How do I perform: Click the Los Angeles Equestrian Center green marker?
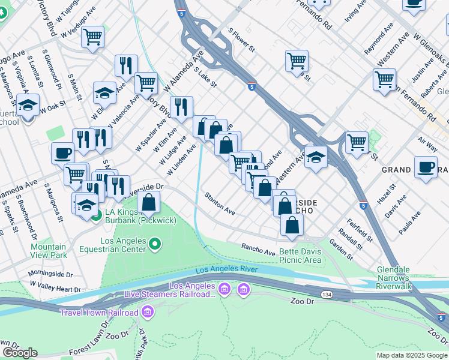click(155, 244)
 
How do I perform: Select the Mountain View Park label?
click(49, 251)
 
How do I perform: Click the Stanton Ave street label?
click(219, 204)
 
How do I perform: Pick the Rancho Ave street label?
click(258, 247)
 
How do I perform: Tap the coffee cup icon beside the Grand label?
click(426, 167)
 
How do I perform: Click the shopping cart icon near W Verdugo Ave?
click(92, 37)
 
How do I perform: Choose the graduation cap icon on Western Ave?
click(316, 157)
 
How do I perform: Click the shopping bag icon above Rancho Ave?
click(292, 226)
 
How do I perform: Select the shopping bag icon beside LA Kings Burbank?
click(148, 203)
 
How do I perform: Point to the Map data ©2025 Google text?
click(411, 355)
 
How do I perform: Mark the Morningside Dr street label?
click(52, 274)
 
